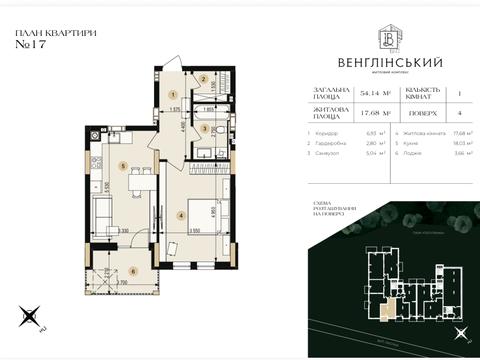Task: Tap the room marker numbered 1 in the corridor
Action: [x=173, y=93]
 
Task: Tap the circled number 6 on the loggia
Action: [x=131, y=270]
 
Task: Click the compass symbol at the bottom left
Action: [x=33, y=318]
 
